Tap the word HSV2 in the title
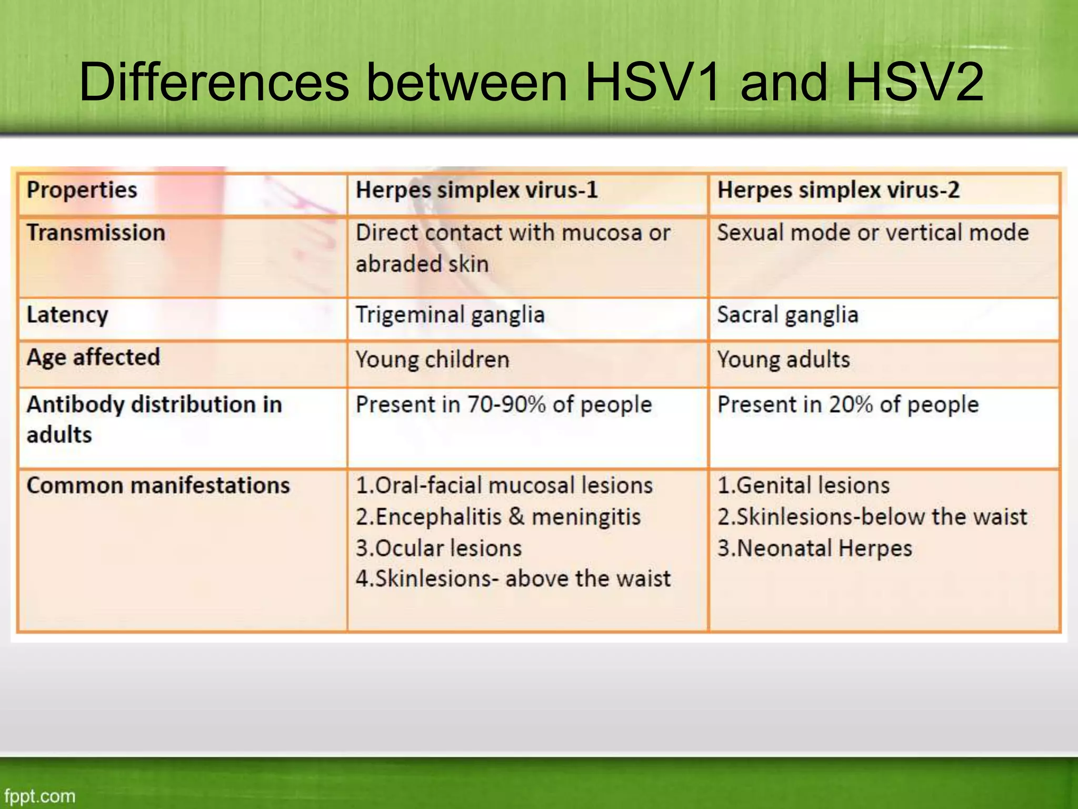click(x=914, y=82)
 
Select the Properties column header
click(x=82, y=190)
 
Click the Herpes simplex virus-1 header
click(x=476, y=190)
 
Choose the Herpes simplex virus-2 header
click(x=838, y=190)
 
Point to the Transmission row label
click(x=96, y=233)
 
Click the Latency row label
click(x=67, y=315)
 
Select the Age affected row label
click(x=93, y=358)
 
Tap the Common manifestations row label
click(x=158, y=485)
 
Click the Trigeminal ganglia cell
click(x=450, y=315)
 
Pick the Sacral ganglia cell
click(x=787, y=315)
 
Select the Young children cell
click(x=432, y=360)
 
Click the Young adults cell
click(x=783, y=360)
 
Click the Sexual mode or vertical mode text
click(x=873, y=233)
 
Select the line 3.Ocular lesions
click(x=438, y=548)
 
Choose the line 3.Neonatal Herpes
click(x=814, y=548)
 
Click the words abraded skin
click(x=422, y=264)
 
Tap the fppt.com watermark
click(x=39, y=795)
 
